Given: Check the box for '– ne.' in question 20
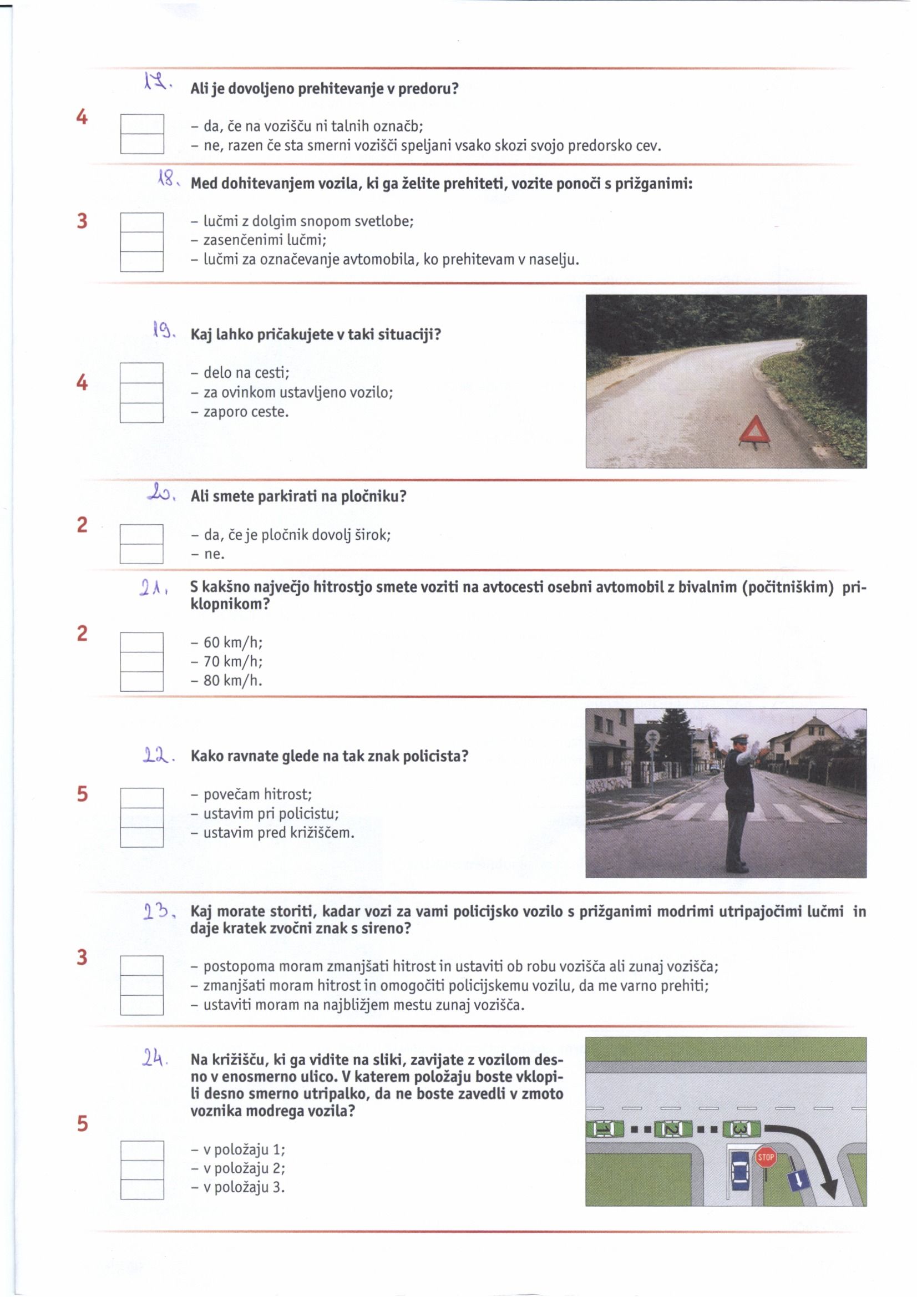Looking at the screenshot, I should click(x=141, y=554).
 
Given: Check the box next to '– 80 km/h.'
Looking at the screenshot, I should click(x=141, y=681).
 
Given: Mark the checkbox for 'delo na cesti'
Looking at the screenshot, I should click(x=141, y=373).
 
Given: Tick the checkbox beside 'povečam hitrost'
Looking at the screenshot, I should click(x=141, y=797).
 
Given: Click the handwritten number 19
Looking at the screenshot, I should click(x=162, y=328).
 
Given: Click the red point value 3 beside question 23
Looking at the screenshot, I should click(x=82, y=957).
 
